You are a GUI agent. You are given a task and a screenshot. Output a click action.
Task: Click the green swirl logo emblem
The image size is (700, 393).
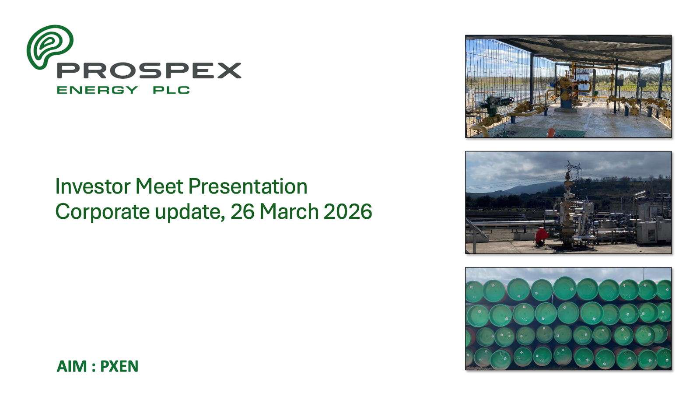pos(50,47)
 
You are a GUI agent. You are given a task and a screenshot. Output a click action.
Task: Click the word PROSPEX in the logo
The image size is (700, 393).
pos(149,70)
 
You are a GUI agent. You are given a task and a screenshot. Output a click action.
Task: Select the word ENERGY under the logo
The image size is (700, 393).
pos(97,90)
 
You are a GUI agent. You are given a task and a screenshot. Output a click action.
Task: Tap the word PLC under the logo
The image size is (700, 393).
pos(171,90)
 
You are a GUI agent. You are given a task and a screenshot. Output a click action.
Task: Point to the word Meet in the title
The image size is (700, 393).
pos(159,186)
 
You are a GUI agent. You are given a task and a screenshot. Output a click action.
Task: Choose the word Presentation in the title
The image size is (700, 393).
pos(248,186)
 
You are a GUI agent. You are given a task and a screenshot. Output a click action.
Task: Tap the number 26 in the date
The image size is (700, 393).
pos(242,212)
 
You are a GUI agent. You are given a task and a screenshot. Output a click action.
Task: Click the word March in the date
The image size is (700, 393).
pos(289,212)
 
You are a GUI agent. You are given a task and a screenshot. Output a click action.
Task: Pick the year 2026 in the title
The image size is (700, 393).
pos(348,212)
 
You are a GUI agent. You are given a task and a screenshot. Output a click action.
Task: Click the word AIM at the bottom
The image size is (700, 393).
pos(72,366)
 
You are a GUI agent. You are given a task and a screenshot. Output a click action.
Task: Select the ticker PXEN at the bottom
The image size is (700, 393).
pos(119,366)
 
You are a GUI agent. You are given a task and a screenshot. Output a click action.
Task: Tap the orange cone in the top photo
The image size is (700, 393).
pos(551,132)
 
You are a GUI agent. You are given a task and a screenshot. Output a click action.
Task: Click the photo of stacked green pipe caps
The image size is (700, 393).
pos(568,319)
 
